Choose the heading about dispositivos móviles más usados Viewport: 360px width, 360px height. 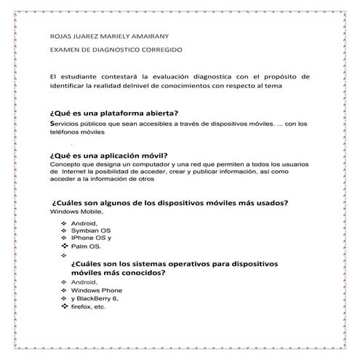[169, 202]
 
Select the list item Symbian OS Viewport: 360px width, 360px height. [91, 230]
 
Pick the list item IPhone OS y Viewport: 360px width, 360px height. [92, 238]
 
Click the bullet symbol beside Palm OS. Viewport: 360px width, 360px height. [64, 247]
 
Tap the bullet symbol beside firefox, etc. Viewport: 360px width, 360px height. [64, 307]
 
